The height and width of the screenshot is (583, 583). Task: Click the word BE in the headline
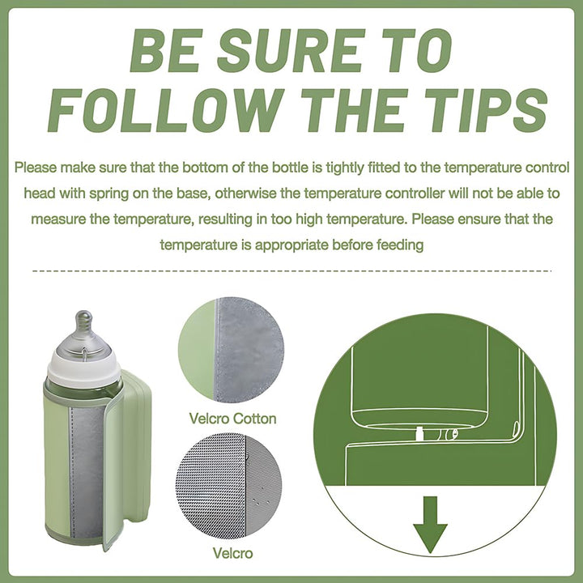(166, 50)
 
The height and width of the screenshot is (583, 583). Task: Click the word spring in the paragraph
(109, 194)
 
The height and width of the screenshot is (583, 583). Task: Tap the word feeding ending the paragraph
(400, 245)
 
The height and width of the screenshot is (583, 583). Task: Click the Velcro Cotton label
(232, 419)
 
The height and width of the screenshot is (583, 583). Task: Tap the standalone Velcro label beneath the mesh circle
(232, 553)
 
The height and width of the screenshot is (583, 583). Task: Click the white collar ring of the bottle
(84, 368)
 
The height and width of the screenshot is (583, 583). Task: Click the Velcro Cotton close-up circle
(232, 350)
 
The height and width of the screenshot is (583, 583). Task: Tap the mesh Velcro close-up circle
(228, 486)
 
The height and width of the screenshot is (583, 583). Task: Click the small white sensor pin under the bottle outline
(419, 433)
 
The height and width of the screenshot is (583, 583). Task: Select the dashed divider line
(291, 271)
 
